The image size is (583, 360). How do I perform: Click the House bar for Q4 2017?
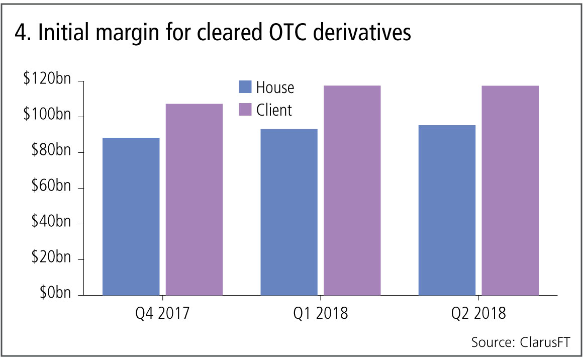(x=131, y=216)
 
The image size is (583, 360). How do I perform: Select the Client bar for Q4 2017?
(x=195, y=199)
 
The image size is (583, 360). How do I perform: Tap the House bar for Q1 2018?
(x=288, y=212)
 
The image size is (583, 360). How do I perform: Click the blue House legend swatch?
(x=245, y=87)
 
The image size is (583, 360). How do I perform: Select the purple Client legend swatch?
(x=245, y=109)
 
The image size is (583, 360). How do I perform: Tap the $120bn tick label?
(x=46, y=80)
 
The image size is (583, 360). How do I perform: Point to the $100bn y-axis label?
(x=46, y=116)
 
